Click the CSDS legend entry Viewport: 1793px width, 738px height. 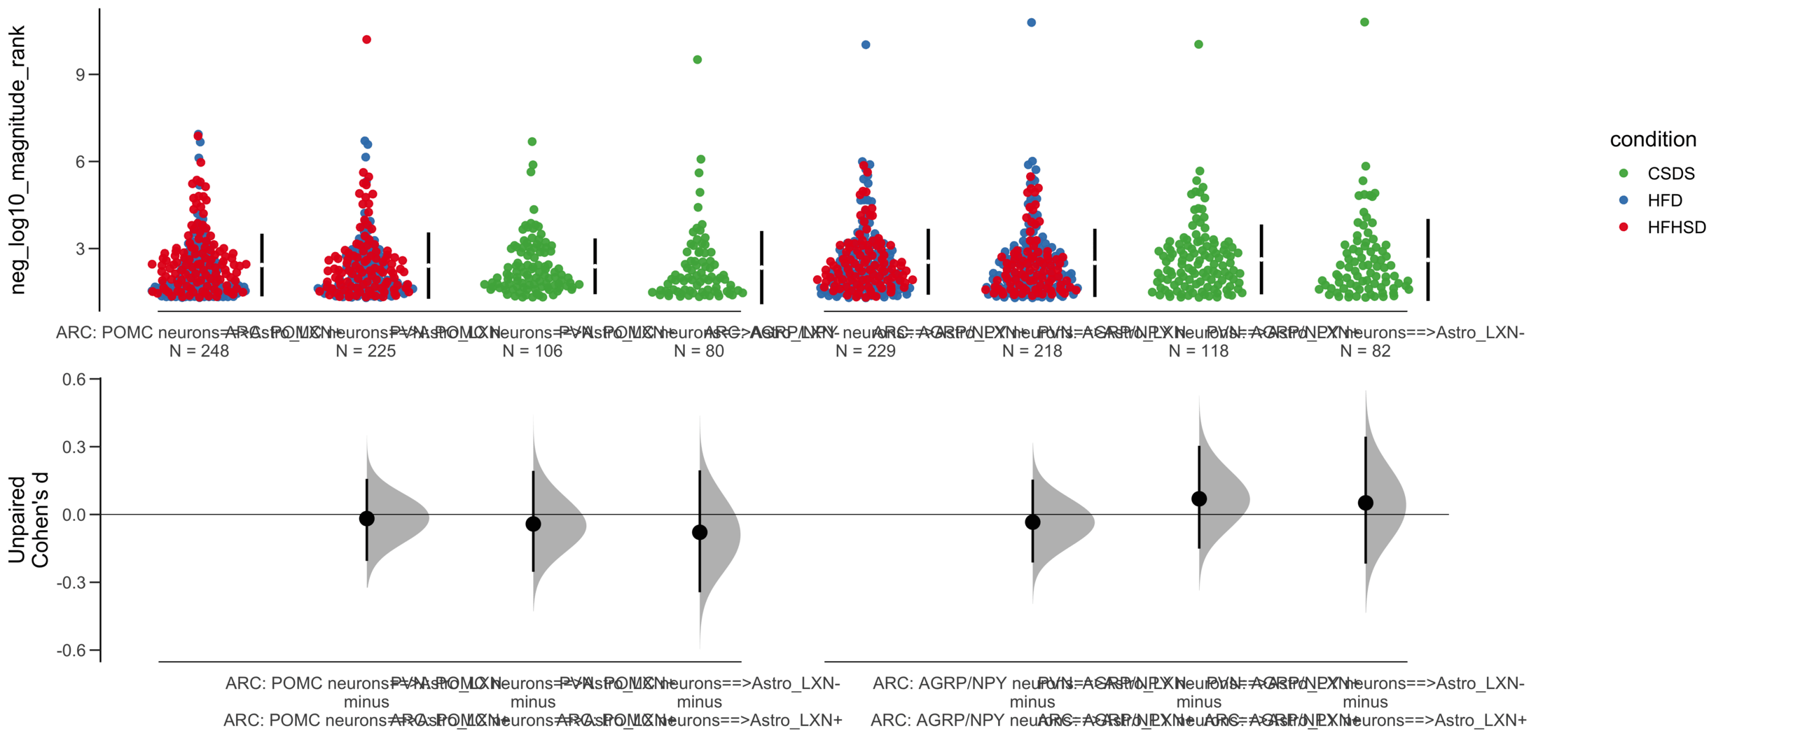(x=1670, y=174)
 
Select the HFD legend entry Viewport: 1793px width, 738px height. (x=1664, y=201)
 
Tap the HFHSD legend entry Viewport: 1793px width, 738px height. (x=1675, y=228)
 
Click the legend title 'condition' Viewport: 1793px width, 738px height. (x=1652, y=139)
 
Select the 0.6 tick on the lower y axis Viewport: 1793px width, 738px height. (x=74, y=380)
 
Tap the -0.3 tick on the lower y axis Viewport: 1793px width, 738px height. (x=71, y=583)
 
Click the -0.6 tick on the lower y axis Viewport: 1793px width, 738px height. (x=71, y=650)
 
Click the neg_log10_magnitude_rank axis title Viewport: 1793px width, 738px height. (x=17, y=160)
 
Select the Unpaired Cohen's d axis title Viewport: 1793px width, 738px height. (x=28, y=520)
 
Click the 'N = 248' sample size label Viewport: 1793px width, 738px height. (x=199, y=351)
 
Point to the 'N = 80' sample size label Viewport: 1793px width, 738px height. (x=698, y=351)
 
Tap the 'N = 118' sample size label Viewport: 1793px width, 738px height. (x=1198, y=351)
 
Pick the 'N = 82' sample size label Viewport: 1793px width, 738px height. (x=1364, y=351)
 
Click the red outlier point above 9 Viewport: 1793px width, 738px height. (x=366, y=40)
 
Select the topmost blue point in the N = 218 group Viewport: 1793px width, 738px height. (x=1031, y=22)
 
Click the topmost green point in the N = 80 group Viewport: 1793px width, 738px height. (x=697, y=60)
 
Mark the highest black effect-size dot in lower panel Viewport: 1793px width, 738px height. (x=1198, y=499)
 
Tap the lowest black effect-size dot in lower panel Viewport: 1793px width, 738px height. (x=699, y=532)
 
